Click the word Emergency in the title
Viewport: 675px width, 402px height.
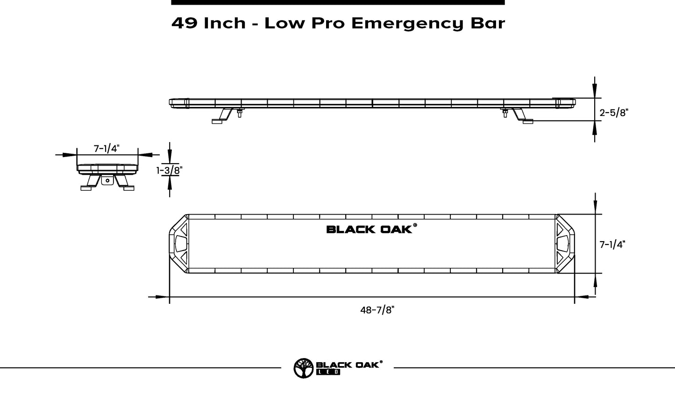tap(407, 24)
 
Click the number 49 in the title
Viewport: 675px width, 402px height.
tap(184, 23)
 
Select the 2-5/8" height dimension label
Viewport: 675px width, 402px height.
tap(614, 113)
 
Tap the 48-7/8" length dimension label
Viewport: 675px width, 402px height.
tap(375, 310)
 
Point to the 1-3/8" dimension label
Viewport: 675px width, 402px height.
tap(169, 171)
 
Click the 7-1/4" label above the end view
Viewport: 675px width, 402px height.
tap(107, 149)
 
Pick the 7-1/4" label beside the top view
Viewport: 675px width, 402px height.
tap(612, 244)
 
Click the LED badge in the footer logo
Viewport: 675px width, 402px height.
tap(328, 373)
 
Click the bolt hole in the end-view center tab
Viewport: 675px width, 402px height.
tap(107, 180)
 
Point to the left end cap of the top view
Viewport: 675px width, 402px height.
tap(178, 244)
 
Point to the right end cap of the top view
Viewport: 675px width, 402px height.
tap(565, 244)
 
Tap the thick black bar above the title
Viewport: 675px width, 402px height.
tap(338, 2)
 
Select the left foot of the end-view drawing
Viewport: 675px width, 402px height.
tap(86, 188)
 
